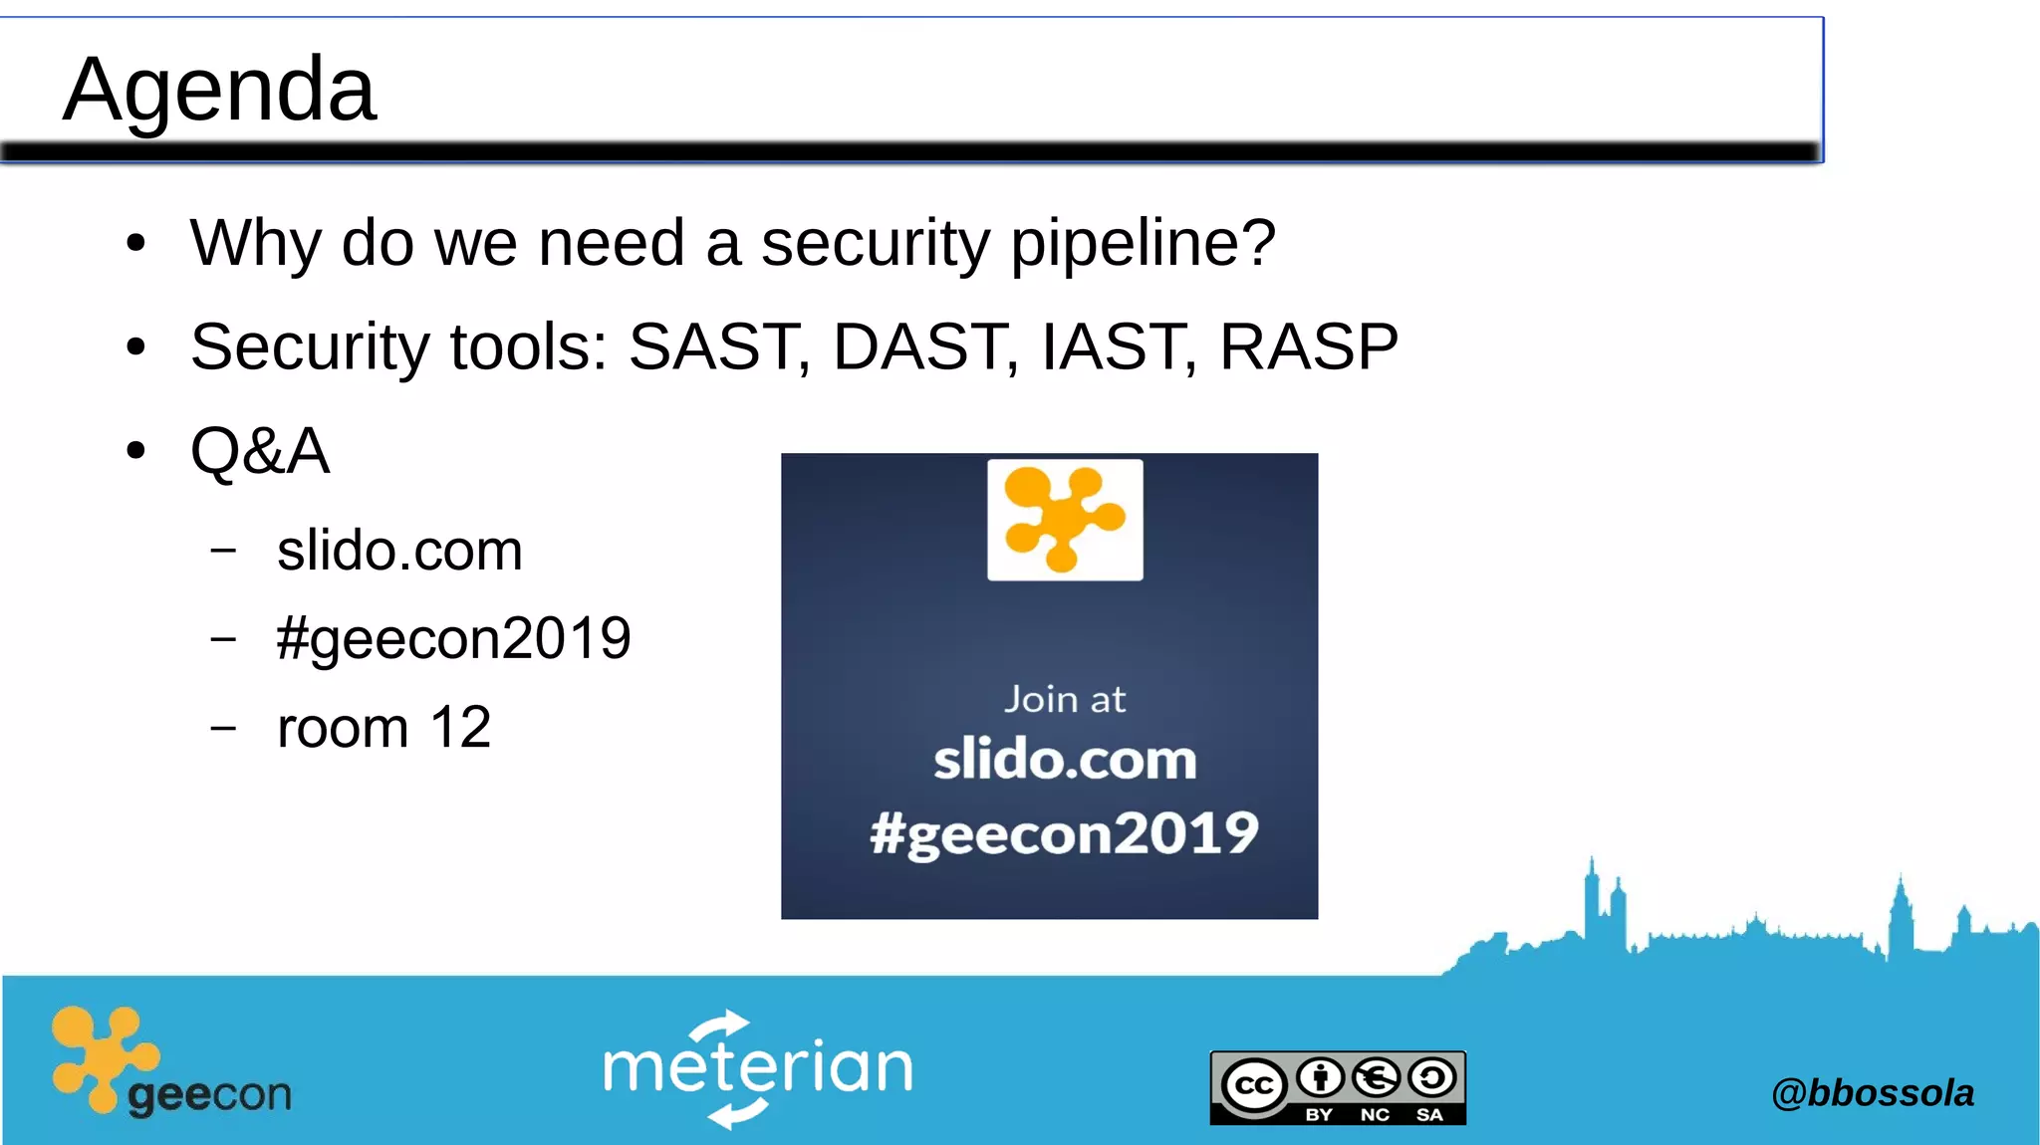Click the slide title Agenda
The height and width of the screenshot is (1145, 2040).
point(219,90)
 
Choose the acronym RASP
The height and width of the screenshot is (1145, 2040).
point(1308,346)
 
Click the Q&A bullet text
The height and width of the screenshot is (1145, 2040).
point(260,451)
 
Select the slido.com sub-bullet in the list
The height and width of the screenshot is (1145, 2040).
point(399,551)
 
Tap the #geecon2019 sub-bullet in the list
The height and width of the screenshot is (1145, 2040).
point(453,638)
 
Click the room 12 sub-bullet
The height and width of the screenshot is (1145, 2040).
point(383,727)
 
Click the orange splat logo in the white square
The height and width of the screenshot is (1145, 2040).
point(1065,519)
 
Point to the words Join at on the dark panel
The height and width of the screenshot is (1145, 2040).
point(1064,699)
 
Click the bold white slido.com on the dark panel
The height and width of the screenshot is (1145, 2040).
point(1064,761)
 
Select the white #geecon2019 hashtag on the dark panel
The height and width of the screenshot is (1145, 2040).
point(1064,833)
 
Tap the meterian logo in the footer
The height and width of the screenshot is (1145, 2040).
point(758,1068)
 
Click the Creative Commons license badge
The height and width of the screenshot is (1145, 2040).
point(1338,1087)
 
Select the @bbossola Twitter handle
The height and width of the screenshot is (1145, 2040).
point(1872,1093)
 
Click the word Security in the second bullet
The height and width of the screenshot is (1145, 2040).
point(310,347)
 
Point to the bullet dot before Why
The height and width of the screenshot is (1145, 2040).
point(136,244)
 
